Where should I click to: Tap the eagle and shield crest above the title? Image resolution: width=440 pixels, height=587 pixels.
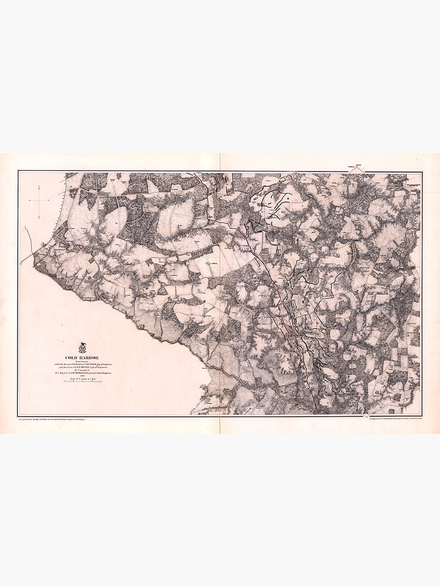point(82,348)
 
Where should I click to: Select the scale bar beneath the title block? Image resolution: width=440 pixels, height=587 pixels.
point(83,382)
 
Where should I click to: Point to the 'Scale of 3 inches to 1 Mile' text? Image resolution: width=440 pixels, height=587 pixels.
point(83,379)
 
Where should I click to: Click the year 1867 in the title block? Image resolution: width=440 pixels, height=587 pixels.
point(83,375)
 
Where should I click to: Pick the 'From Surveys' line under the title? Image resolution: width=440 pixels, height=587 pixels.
point(83,360)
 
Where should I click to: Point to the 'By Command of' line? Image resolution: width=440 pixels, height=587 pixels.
point(83,370)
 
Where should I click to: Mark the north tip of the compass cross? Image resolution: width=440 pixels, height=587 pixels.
point(39,187)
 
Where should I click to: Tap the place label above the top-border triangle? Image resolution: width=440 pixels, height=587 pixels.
point(354,164)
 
